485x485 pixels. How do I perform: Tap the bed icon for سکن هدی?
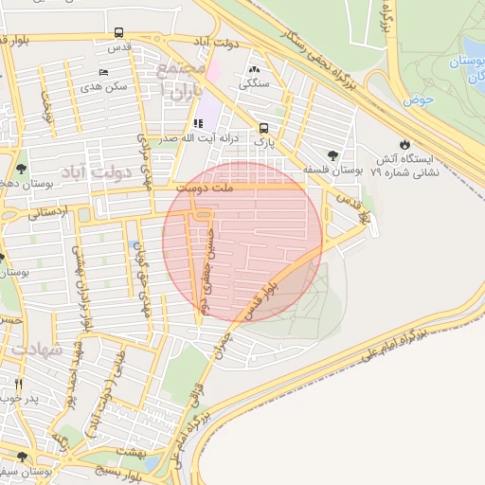coord(103,72)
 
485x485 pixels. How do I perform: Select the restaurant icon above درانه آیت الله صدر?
coord(197,123)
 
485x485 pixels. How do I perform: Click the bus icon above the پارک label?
coord(262,128)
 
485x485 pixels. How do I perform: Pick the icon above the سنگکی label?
coord(253,69)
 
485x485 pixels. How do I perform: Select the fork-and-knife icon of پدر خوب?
coord(19,384)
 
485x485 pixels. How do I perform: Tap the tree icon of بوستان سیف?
coord(21,458)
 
